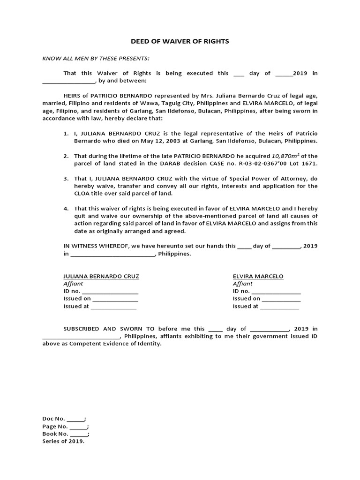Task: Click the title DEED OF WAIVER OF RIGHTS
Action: (x=180, y=41)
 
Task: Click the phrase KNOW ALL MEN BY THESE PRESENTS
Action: (x=96, y=58)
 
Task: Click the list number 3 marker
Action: (x=66, y=179)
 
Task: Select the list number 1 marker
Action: (x=66, y=134)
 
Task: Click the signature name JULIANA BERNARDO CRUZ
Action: (x=101, y=276)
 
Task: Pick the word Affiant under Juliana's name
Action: (x=73, y=284)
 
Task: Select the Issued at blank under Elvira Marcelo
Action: (x=279, y=307)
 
